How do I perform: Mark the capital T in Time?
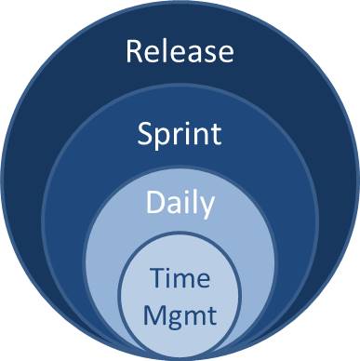157,278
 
